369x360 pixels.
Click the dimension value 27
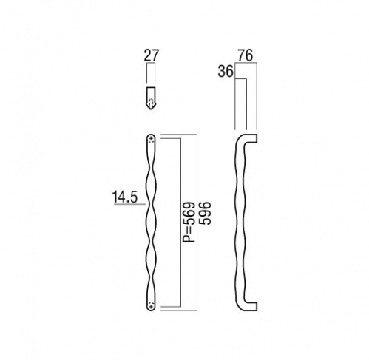pos(151,55)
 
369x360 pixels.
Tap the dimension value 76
pos(246,55)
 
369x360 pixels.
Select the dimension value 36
pos(226,72)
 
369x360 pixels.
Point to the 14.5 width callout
pos(124,197)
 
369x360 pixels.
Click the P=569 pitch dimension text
pos(189,223)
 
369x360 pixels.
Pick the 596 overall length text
pos(205,213)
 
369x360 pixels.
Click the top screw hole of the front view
pos(151,140)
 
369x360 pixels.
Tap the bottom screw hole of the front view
pos(151,306)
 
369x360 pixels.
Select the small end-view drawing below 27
pos(151,98)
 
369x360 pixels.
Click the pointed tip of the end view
pos(151,109)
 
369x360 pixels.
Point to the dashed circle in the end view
pos(151,101)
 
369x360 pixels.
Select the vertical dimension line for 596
pos(197,223)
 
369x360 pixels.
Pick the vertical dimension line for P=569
pos(181,223)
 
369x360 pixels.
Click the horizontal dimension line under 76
pos(246,63)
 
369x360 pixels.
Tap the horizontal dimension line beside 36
pos(241,79)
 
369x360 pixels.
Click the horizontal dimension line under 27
pos(151,63)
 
